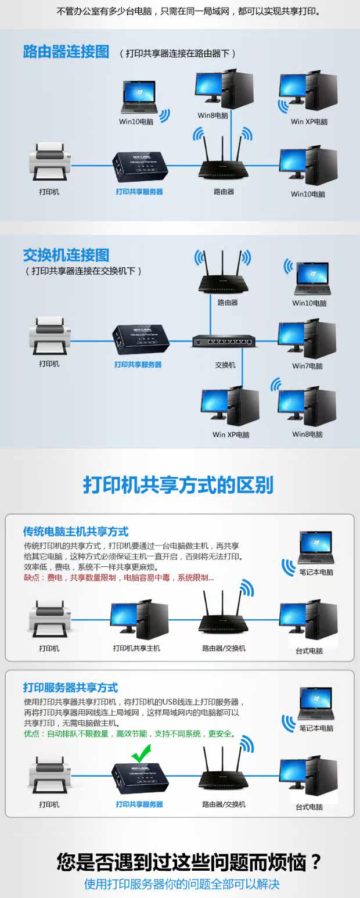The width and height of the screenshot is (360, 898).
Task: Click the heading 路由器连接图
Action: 66,52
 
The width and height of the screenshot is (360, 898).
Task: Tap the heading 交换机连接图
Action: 66,255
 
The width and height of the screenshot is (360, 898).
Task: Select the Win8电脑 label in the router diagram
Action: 213,116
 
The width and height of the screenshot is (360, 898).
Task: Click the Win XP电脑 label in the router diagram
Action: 309,122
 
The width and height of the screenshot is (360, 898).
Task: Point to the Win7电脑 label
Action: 308,366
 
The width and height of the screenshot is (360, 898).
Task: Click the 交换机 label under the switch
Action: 225,365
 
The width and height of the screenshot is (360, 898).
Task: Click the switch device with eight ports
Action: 226,342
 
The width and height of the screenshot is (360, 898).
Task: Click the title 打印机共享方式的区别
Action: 178,485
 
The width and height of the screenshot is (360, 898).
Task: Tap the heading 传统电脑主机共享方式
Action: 76,531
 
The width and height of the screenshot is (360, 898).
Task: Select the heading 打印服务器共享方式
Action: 70,688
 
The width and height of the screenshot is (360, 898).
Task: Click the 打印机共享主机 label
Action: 136,648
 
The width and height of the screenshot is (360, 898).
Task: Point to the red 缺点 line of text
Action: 118,577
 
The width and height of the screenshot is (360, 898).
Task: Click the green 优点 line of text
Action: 129,734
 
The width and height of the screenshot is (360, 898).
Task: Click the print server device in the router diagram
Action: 139,166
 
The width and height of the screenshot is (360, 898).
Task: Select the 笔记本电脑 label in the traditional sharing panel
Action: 316,572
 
